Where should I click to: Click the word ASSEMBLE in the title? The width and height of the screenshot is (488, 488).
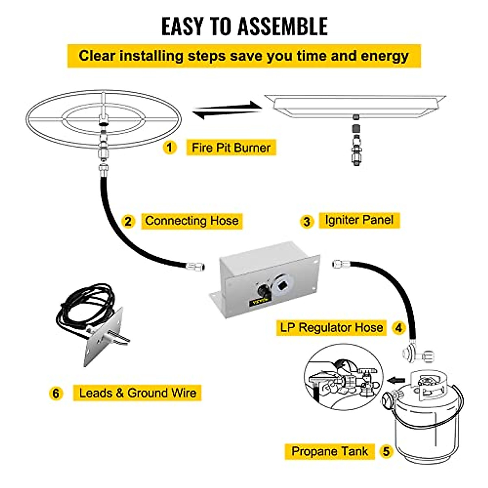(282, 26)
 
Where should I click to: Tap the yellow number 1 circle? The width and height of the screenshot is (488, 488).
(170, 147)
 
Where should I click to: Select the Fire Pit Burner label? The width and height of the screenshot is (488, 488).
(231, 148)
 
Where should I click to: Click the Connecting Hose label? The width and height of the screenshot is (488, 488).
(192, 221)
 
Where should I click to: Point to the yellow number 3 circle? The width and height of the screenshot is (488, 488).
(307, 222)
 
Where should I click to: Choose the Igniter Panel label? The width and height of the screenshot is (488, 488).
(359, 220)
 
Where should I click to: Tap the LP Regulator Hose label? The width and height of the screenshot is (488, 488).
(331, 327)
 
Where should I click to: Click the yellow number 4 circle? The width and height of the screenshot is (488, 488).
(399, 328)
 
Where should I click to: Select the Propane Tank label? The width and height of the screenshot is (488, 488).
(329, 451)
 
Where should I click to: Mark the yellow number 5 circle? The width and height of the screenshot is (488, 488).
(386, 451)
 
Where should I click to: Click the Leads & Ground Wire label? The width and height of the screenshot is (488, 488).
(137, 393)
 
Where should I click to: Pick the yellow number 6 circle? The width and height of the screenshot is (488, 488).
(56, 393)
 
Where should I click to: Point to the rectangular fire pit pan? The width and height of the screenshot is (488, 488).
(355, 105)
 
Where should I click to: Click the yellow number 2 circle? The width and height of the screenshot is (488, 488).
(128, 222)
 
